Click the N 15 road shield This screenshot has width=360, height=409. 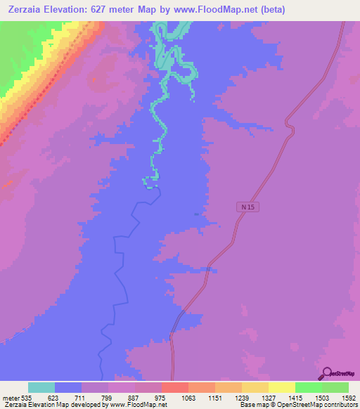pyautogui.click(x=243, y=207)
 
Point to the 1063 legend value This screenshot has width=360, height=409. pyautogui.click(x=207, y=397)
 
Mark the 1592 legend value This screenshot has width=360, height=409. pyautogui.click(x=349, y=397)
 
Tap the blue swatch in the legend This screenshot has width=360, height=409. pyautogui.click(x=68, y=387)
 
